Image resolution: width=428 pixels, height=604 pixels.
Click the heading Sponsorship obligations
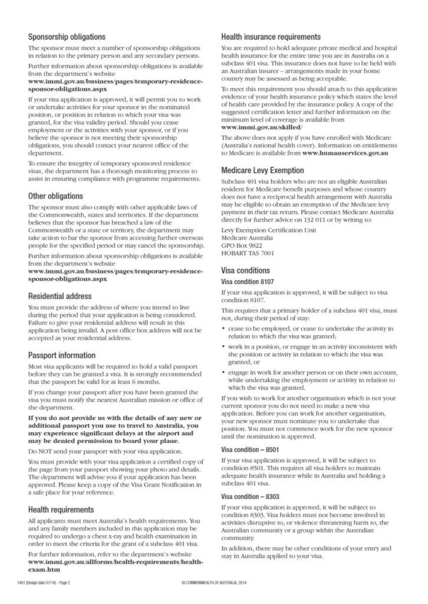click(67, 36)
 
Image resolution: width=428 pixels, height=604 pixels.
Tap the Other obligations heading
click(55, 195)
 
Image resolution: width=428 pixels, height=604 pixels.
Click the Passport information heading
click(61, 355)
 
